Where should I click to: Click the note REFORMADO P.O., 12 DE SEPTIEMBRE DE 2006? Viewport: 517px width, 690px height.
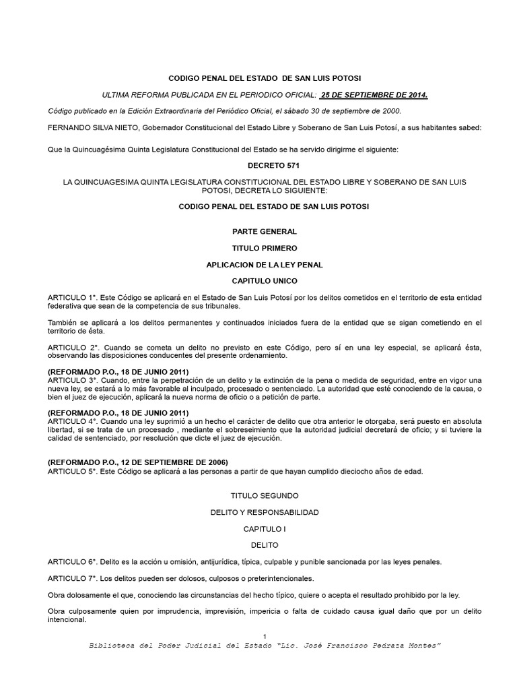(x=138, y=462)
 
